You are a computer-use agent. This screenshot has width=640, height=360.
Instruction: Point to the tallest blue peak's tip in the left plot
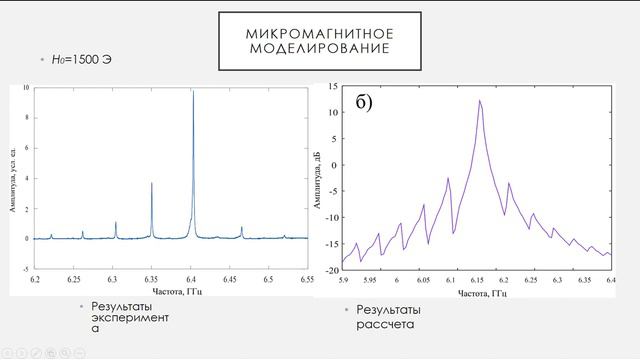(192, 90)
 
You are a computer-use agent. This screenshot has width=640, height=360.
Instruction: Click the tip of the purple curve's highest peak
(480, 100)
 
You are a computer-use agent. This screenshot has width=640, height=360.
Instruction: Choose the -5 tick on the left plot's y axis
(26, 269)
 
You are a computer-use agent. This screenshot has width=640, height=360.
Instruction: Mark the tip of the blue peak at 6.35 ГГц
(151, 183)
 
